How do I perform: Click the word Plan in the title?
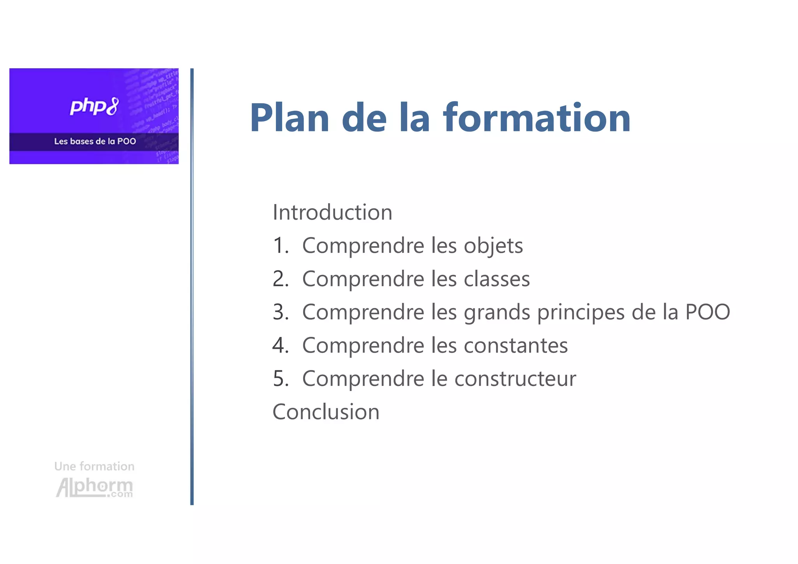point(290,118)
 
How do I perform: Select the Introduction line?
point(332,212)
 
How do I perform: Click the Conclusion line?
point(326,412)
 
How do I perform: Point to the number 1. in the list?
point(281,246)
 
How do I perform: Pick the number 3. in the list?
point(281,312)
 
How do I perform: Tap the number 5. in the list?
point(281,379)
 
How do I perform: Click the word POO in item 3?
point(707,312)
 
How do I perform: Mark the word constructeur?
point(515,379)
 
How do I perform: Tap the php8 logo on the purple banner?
point(94,106)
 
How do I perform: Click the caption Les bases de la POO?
point(95,141)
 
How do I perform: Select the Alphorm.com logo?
point(94,488)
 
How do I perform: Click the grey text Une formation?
point(94,466)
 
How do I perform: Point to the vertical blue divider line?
point(192,287)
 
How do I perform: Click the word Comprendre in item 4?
point(363,346)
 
